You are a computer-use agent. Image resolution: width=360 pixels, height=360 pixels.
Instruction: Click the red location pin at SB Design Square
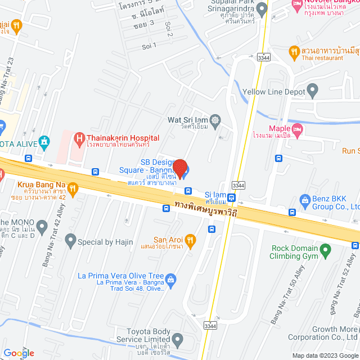tap(179, 168)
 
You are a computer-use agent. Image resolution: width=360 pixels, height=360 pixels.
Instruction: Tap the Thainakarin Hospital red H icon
tap(80, 138)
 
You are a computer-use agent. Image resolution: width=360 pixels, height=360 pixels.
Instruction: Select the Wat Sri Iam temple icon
tap(214, 119)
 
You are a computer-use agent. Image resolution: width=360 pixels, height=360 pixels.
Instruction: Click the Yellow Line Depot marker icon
tap(313, 91)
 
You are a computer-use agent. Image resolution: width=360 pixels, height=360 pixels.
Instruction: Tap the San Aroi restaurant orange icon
tap(190, 240)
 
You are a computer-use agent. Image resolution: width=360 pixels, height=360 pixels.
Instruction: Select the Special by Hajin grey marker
tap(70, 242)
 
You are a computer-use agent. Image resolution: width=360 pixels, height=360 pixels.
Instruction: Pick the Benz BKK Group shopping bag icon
tap(305, 200)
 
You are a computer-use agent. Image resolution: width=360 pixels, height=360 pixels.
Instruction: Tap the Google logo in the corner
tap(19, 353)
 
